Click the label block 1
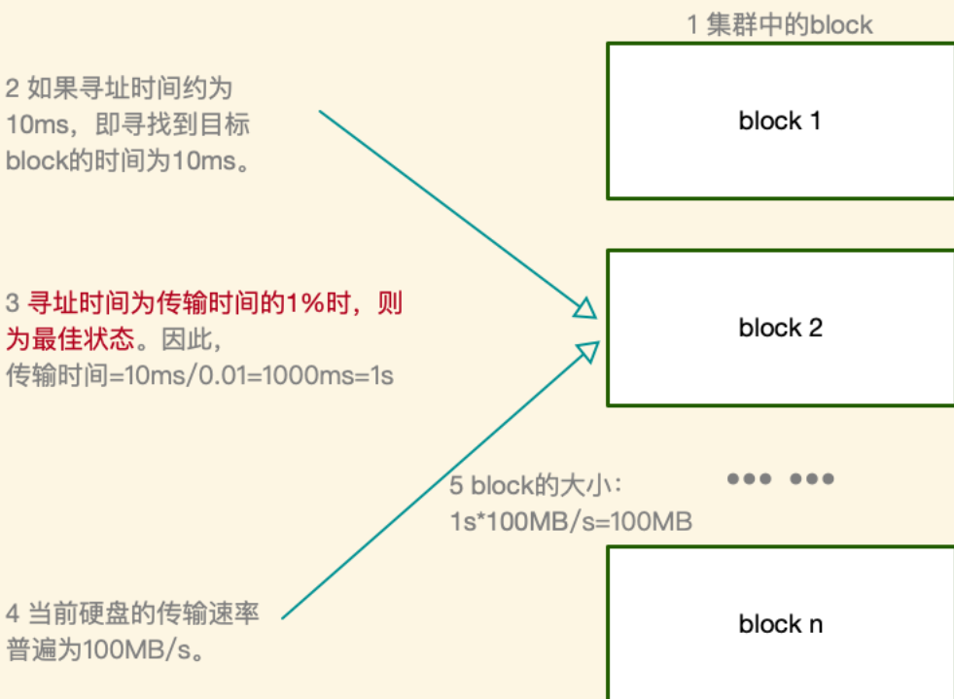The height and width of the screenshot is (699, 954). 780,122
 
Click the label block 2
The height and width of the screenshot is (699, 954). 780,328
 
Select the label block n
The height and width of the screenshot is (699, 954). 780,623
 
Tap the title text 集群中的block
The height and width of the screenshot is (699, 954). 780,23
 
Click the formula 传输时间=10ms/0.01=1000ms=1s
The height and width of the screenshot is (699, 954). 199,374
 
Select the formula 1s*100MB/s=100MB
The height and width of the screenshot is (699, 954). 570,521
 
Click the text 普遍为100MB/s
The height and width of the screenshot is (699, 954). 107,649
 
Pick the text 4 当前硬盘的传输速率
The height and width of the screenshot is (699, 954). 132,614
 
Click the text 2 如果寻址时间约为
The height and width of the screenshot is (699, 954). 119,89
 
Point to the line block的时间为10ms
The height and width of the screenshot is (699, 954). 127,160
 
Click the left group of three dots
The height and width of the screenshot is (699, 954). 750,478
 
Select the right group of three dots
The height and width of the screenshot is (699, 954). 812,478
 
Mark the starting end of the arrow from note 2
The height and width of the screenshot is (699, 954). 322,112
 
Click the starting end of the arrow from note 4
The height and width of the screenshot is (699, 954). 284,616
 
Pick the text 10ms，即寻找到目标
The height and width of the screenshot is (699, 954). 129,125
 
